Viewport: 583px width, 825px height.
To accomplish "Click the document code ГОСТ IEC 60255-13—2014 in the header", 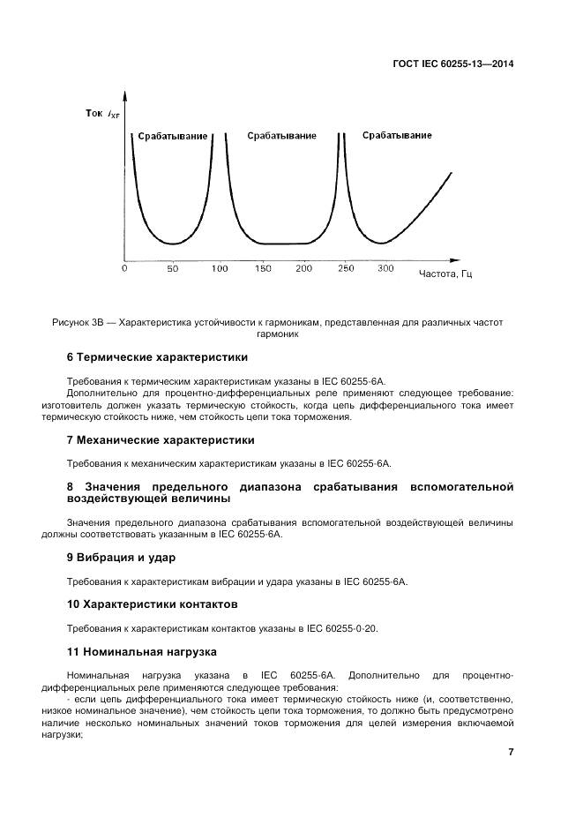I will coord(452,64).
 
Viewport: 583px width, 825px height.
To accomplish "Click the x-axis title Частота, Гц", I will coord(445,274).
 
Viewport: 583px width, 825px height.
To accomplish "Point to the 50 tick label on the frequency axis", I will coord(172,267).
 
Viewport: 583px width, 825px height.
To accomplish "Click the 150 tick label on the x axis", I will coord(261,267).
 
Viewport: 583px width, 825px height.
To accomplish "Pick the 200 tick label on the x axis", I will coord(303,267).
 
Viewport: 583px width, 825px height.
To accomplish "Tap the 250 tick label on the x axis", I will coord(346,267).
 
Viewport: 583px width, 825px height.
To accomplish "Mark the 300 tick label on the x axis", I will coord(385,267).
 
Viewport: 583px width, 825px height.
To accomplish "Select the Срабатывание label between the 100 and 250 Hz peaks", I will coord(281,136).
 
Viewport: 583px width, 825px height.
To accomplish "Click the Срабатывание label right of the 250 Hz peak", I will coord(397,135).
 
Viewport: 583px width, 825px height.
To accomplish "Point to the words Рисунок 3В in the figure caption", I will coord(80,323).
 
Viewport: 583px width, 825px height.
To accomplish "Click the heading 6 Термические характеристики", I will coord(157,357).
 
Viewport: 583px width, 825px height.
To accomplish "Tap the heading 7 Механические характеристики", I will coord(161,439).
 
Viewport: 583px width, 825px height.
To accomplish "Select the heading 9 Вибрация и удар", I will coord(122,558).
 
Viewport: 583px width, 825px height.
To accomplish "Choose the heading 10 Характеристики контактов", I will coord(152,604).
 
